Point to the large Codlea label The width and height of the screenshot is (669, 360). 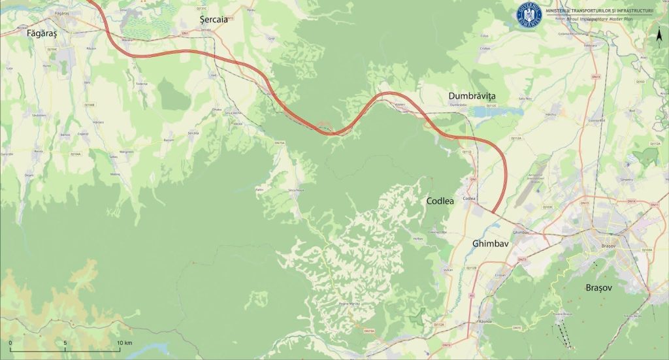444,201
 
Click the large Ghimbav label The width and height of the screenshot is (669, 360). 490,243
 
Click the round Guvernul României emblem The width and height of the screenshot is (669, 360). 530,15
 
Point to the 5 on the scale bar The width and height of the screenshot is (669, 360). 65,342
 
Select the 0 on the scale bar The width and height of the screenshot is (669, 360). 10,342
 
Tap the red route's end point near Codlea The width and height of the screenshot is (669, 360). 493,212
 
